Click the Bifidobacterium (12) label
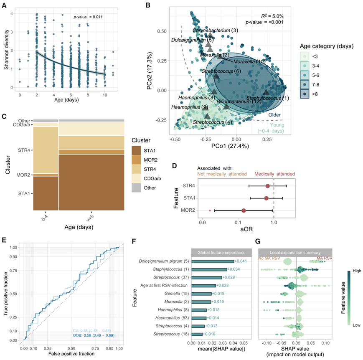pos(239,101)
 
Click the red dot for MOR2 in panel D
pos(244,211)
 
